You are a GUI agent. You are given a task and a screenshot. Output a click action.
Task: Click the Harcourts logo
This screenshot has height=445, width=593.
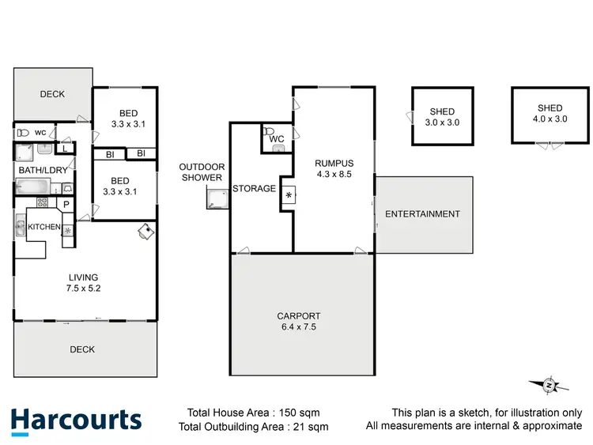coord(76,420)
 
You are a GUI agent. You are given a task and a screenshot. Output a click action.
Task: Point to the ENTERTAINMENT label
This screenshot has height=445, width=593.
coord(422,214)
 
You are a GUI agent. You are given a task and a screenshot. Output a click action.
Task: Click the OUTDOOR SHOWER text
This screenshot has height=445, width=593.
coord(202,172)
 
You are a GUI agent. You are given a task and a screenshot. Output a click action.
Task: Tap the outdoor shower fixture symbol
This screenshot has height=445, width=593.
coord(213,202)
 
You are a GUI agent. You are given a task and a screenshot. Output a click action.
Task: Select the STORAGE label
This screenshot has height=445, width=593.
coord(254,188)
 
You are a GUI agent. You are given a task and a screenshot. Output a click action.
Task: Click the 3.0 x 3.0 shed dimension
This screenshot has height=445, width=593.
coord(443,123)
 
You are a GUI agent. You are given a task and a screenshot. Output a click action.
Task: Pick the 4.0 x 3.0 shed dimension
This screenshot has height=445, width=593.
coord(550,119)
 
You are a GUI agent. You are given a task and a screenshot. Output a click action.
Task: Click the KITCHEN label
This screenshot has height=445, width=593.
coord(44,228)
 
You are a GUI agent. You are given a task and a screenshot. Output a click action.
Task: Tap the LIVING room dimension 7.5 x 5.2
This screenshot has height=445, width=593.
coord(83,288)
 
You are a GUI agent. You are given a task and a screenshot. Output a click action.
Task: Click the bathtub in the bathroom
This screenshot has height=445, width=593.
coord(33,187)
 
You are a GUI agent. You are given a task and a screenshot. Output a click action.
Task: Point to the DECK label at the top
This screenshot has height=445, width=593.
coord(52,95)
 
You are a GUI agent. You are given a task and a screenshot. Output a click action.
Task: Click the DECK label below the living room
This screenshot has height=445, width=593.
coord(82,349)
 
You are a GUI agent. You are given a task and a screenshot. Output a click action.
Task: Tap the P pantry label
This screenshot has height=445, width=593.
coord(66,204)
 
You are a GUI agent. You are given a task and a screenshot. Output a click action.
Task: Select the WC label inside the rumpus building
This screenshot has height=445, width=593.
coord(276,140)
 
